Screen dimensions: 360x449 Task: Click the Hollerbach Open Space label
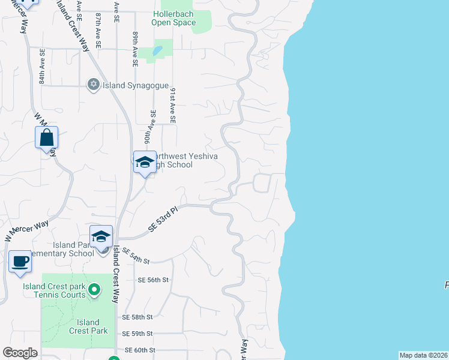173,18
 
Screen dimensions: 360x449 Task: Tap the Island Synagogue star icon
93,85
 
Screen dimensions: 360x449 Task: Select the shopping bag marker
47,139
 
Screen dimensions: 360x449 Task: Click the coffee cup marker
20,262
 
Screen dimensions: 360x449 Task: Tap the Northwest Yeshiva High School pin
145,162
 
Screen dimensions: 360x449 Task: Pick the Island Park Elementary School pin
101,237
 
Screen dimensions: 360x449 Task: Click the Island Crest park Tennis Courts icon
94,290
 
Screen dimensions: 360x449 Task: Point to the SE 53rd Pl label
164,221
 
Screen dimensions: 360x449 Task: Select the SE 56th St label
154,280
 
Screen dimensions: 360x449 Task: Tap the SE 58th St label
138,317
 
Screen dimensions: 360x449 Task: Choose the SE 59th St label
138,334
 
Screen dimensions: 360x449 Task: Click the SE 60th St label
140,350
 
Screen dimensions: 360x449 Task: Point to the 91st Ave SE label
172,105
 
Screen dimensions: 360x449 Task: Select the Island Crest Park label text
88,326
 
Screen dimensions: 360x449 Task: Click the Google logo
20,353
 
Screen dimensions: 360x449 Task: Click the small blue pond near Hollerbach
157,51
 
